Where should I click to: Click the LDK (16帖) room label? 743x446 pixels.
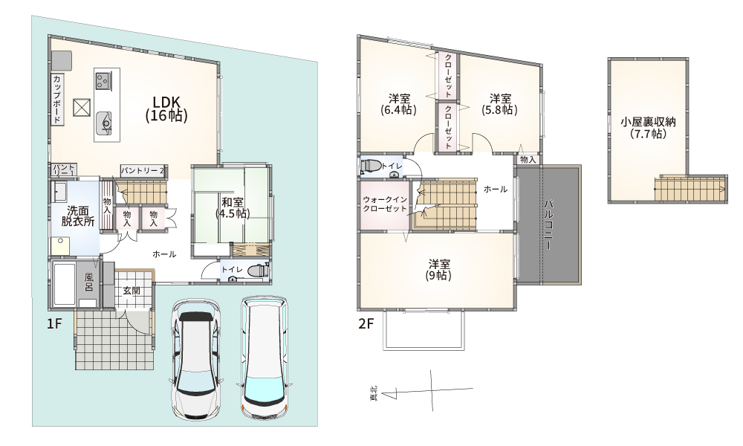pyautogui.click(x=166, y=109)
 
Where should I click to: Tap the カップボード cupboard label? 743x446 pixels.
pyautogui.click(x=56, y=99)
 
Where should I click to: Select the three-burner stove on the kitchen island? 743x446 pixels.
pyautogui.click(x=103, y=79)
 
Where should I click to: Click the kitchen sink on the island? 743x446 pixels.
pyautogui.click(x=104, y=123)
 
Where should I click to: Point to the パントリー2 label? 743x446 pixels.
pyautogui.click(x=142, y=170)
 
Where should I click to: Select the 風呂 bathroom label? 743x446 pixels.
pyautogui.click(x=88, y=282)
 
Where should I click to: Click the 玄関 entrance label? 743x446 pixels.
pyautogui.click(x=132, y=291)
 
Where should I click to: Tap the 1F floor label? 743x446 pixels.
pyautogui.click(x=54, y=323)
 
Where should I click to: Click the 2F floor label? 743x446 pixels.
pyautogui.click(x=366, y=323)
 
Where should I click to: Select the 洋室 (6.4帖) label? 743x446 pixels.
pyautogui.click(x=398, y=104)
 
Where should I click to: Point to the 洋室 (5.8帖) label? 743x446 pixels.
pyautogui.click(x=499, y=104)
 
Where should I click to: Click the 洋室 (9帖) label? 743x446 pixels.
pyautogui.click(x=439, y=269)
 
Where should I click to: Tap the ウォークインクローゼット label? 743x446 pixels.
pyautogui.click(x=384, y=204)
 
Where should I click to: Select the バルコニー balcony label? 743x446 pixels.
pyautogui.click(x=549, y=224)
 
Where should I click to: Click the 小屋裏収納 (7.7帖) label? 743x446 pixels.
pyautogui.click(x=648, y=127)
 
